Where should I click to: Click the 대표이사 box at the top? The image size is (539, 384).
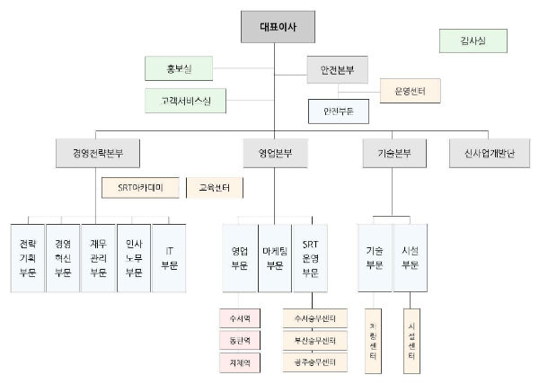pyautogui.click(x=280, y=26)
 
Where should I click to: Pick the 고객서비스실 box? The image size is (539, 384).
pyautogui.click(x=185, y=99)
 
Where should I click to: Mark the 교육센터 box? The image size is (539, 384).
pyautogui.click(x=215, y=188)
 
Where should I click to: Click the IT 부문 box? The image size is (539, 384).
pyautogui.click(x=169, y=257)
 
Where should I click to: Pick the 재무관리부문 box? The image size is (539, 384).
pyautogui.click(x=98, y=257)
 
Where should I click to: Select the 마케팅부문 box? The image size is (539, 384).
pyautogui.click(x=274, y=257)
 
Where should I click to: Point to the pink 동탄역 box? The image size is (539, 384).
pyautogui.click(x=240, y=340)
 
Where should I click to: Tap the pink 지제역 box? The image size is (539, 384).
pyautogui.click(x=240, y=362)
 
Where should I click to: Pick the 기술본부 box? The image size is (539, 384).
pyautogui.click(x=387, y=153)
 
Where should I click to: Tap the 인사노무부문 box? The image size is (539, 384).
pyautogui.click(x=134, y=257)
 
